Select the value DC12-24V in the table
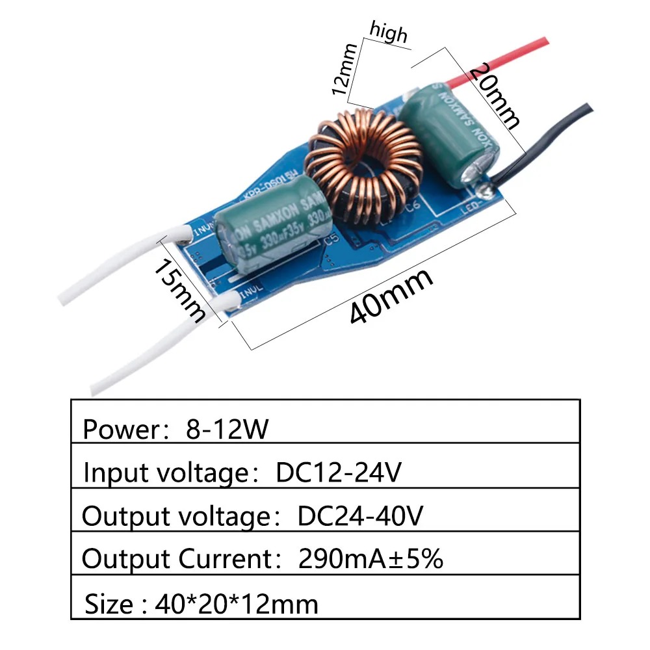tap(338, 473)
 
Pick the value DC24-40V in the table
tap(361, 517)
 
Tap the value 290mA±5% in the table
tap(370, 559)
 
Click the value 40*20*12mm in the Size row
tap(237, 605)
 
